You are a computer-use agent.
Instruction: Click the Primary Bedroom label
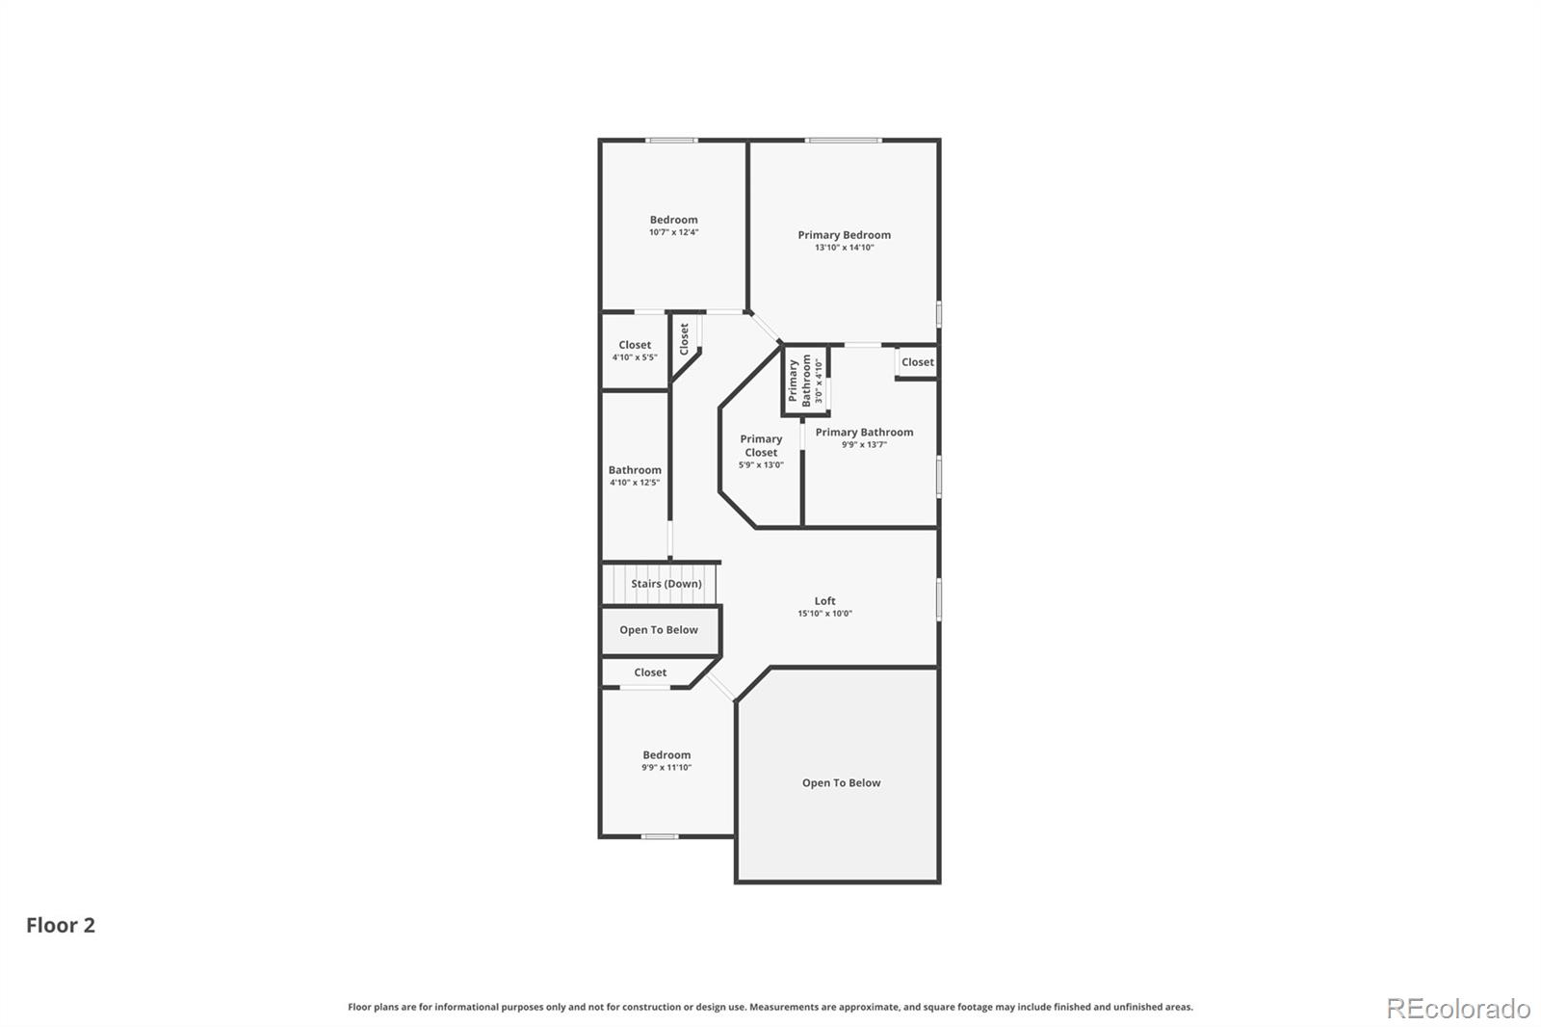pyautogui.click(x=844, y=234)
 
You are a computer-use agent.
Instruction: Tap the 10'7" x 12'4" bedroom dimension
pyautogui.click(x=673, y=232)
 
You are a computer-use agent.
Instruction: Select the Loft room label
pyautogui.click(x=824, y=600)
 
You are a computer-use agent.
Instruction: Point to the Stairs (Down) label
pyautogui.click(x=666, y=584)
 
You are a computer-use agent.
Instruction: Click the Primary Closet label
pyautogui.click(x=761, y=445)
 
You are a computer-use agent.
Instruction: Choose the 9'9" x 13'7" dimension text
pyautogui.click(x=864, y=445)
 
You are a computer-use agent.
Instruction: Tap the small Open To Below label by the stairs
pyautogui.click(x=659, y=630)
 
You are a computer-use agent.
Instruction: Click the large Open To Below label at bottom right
pyautogui.click(x=841, y=782)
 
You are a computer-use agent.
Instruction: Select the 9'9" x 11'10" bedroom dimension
pyautogui.click(x=666, y=768)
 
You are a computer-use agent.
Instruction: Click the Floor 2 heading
pyautogui.click(x=61, y=925)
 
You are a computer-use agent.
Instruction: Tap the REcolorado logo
pyautogui.click(x=1458, y=1008)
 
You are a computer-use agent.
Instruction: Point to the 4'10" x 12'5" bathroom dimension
pyautogui.click(x=635, y=483)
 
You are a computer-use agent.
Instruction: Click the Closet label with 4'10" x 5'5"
pyautogui.click(x=635, y=344)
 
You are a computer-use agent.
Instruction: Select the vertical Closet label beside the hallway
pyautogui.click(x=684, y=338)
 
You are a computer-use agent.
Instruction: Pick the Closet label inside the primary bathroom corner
pyautogui.click(x=917, y=362)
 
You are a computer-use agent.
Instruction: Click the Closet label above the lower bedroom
pyautogui.click(x=650, y=672)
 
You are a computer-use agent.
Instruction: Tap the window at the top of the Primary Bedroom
pyautogui.click(x=844, y=141)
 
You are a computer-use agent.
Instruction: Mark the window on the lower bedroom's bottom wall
pyautogui.click(x=660, y=836)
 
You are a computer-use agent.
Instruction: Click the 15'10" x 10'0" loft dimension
pyautogui.click(x=824, y=614)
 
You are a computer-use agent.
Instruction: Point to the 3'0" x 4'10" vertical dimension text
pyautogui.click(x=819, y=380)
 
